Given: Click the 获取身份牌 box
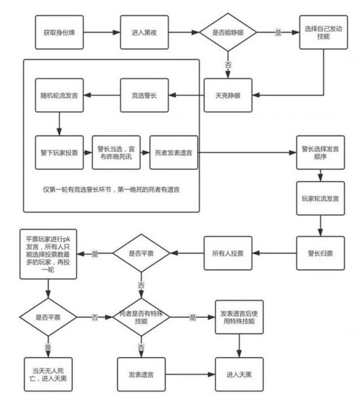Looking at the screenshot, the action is pyautogui.click(x=59, y=33).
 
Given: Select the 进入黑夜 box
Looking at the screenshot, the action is pyautogui.click(x=145, y=33).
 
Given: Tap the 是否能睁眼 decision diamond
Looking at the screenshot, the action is pyautogui.click(x=228, y=33).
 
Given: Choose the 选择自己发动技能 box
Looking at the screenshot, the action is pyautogui.click(x=324, y=33).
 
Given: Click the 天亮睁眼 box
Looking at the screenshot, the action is pyautogui.click(x=228, y=95).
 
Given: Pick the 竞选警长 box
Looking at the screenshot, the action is pyautogui.click(x=145, y=95).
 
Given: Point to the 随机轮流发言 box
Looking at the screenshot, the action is pyautogui.click(x=59, y=95).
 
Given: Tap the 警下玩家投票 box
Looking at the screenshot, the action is pyautogui.click(x=59, y=153).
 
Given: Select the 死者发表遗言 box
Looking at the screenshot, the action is pyautogui.click(x=174, y=153).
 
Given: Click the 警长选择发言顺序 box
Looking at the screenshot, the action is pyautogui.click(x=320, y=153).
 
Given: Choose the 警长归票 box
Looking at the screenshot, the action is pyautogui.click(x=320, y=254).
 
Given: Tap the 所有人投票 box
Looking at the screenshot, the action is pyautogui.click(x=228, y=254).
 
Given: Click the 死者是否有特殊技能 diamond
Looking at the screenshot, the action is pyautogui.click(x=141, y=317).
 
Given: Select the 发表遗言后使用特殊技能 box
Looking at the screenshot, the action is pyautogui.click(x=239, y=317).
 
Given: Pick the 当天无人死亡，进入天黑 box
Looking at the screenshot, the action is pyautogui.click(x=48, y=374).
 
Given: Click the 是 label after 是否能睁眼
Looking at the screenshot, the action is pyautogui.click(x=278, y=33).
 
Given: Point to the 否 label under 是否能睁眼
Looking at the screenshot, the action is pyautogui.click(x=228, y=65).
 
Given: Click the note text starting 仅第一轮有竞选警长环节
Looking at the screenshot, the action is pyautogui.click(x=111, y=190).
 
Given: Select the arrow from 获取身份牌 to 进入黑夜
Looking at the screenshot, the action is pyautogui.click(x=102, y=33).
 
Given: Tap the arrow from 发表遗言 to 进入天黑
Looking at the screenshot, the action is pyautogui.click(x=190, y=374).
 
